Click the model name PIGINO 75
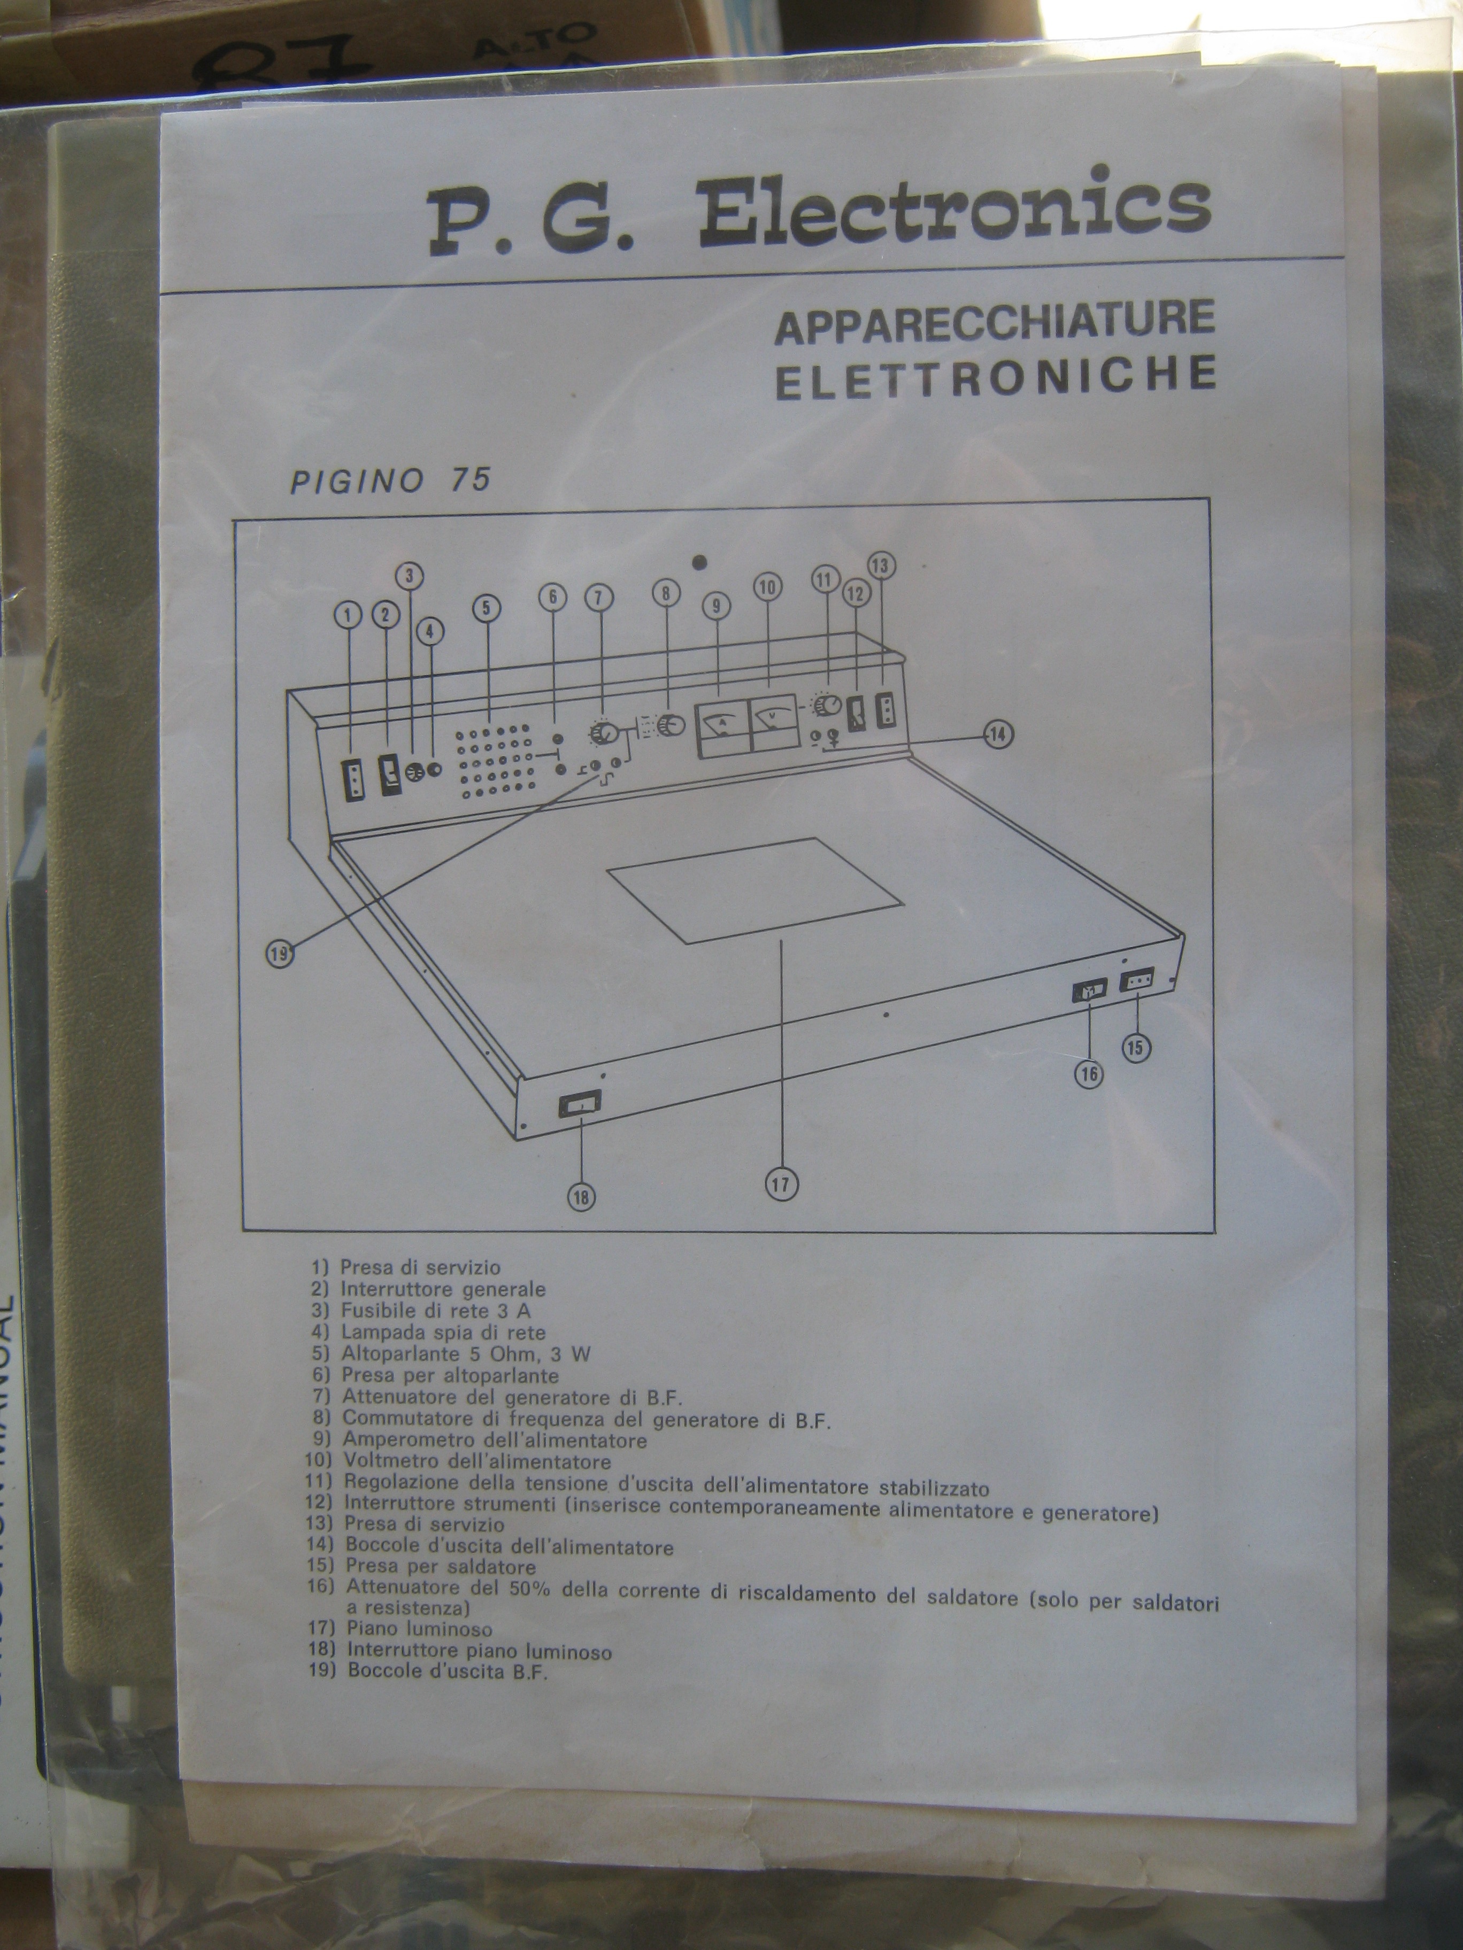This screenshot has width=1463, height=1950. (390, 481)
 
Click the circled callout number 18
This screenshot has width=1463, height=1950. (582, 1196)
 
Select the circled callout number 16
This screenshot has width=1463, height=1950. (1090, 1073)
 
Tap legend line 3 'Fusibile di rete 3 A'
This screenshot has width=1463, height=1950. (421, 1311)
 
